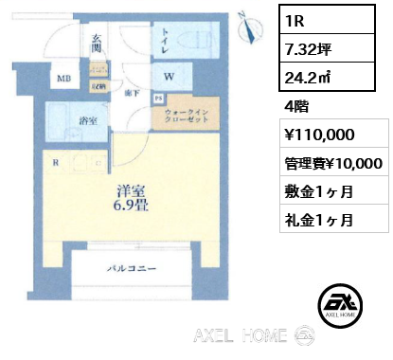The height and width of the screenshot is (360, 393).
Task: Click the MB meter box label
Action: click(63, 79)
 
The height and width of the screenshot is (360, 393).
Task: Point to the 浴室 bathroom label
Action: click(89, 120)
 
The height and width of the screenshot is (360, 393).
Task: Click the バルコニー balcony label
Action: click(126, 269)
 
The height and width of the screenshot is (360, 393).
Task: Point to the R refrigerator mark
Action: click(58, 162)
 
